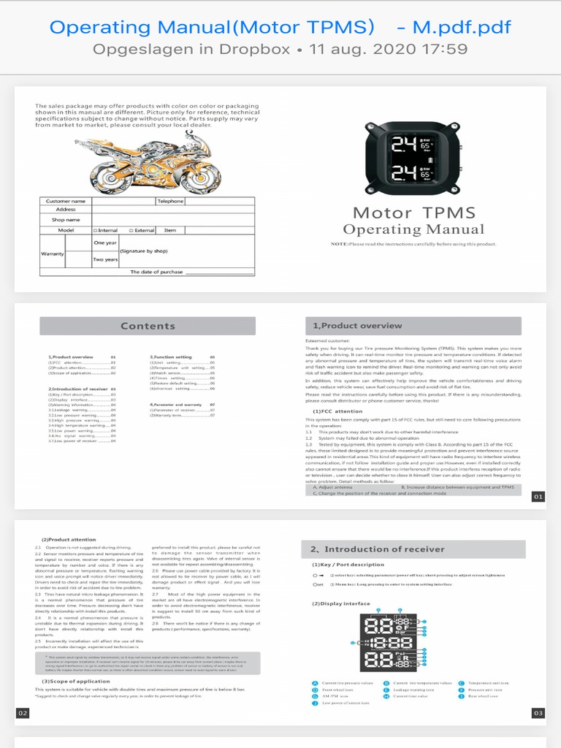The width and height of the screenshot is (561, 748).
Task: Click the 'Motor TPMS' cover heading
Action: tap(413, 213)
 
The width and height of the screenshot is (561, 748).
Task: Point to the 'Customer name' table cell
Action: tap(66, 201)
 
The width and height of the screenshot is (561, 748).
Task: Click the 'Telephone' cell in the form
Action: tap(169, 201)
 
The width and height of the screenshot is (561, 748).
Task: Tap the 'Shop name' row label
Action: tap(66, 220)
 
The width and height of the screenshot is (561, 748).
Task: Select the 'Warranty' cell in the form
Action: tap(53, 253)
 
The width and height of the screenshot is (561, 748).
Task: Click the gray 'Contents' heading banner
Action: tap(148, 326)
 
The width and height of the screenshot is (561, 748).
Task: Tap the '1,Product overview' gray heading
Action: tap(413, 326)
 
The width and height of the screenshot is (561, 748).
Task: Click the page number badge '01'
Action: tap(538, 497)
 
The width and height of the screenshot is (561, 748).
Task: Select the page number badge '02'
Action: tap(23, 713)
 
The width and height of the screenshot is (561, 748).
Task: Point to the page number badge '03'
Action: tap(538, 713)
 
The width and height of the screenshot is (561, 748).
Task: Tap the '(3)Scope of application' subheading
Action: tap(73, 682)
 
